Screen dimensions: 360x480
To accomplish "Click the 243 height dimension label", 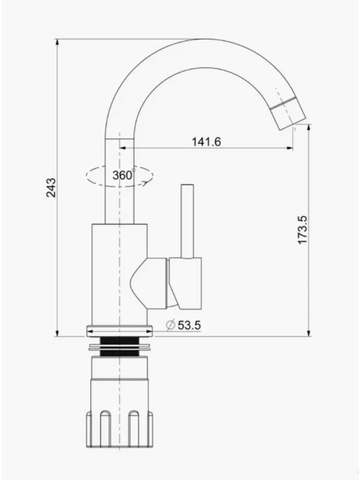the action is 51,187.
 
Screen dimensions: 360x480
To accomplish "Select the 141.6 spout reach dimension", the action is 206,142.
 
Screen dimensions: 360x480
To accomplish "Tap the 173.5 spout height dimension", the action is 302,230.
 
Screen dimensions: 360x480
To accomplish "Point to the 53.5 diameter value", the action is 189,325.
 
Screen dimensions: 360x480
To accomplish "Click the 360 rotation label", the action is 123,175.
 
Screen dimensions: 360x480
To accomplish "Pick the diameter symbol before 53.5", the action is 170,325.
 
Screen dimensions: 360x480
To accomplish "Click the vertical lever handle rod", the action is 187,221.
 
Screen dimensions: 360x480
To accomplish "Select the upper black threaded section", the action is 119,340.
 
